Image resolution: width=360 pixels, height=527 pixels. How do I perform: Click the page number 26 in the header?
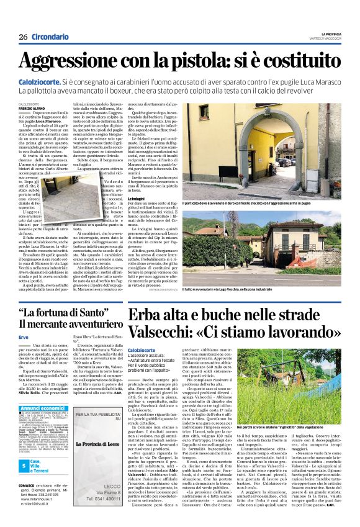pos(22,37)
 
